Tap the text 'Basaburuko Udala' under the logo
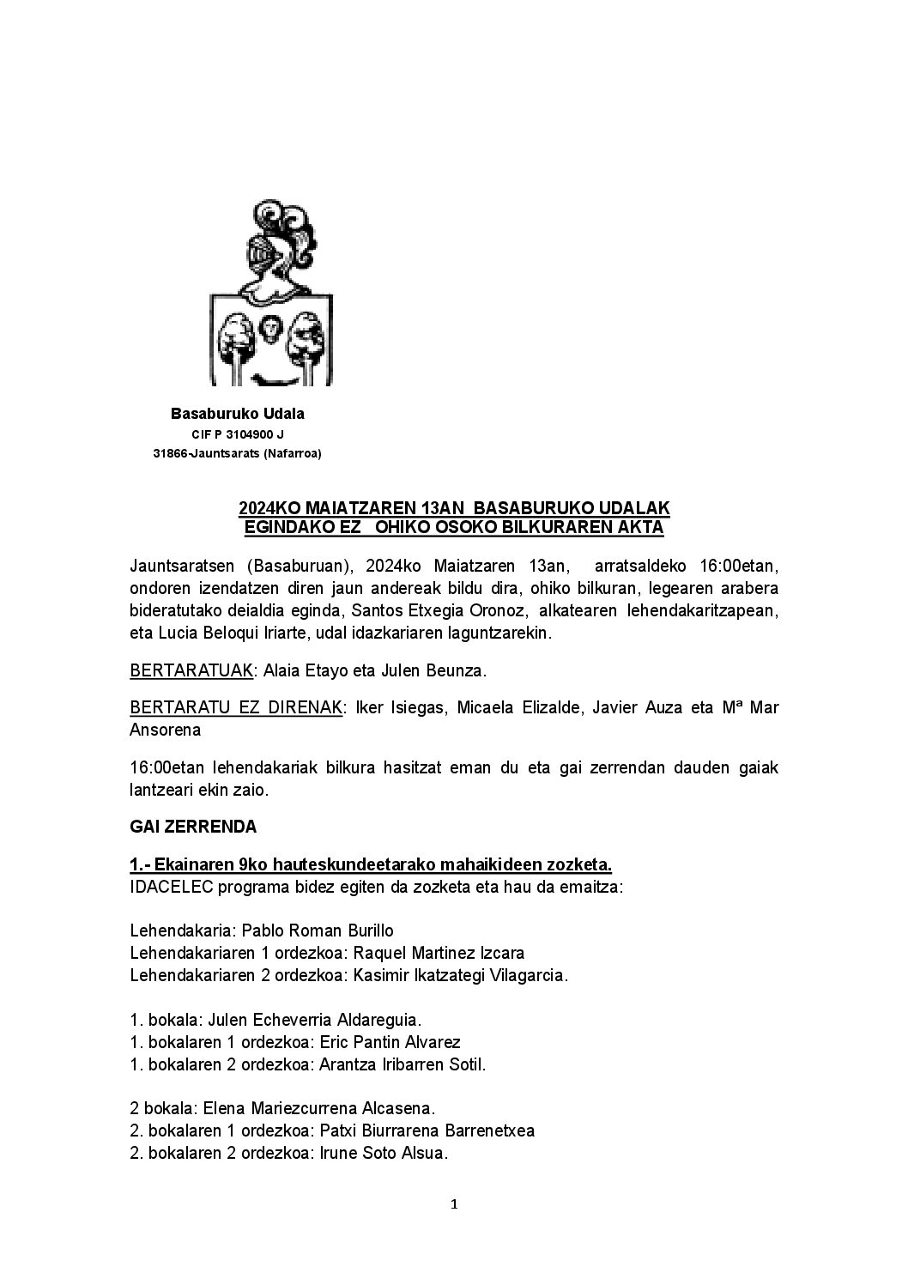click(x=237, y=414)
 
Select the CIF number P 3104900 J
click(x=248, y=434)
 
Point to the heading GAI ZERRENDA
click(x=193, y=827)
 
